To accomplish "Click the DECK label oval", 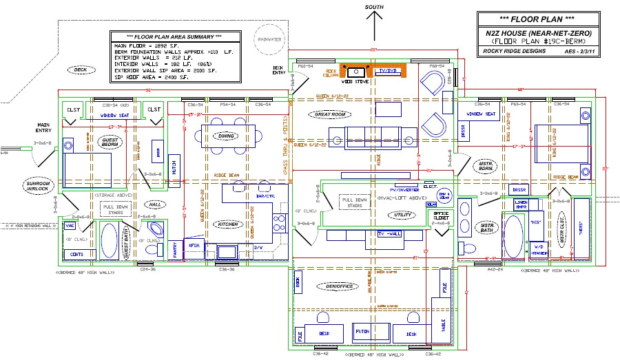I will [x=81, y=70].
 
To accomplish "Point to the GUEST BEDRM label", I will [x=110, y=142].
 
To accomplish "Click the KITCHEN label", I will [x=228, y=224].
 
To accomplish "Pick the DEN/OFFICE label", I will [x=331, y=286].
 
